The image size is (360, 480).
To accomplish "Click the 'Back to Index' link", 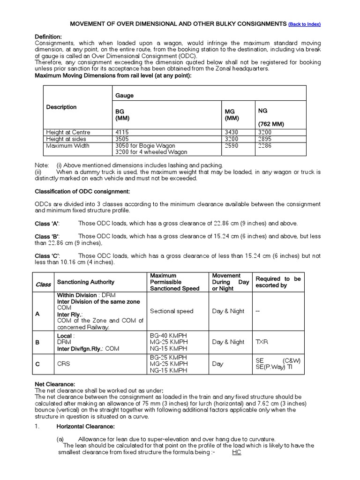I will point(305,24).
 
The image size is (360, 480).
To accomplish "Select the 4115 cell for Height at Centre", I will point(123,132).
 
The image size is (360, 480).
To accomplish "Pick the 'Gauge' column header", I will point(124,95).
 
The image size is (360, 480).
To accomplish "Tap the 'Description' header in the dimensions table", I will point(61,107).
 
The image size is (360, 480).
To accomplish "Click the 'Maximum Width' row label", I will point(67,145).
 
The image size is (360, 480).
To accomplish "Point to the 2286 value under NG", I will point(264,145).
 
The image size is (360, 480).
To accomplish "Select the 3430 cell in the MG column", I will point(232,132).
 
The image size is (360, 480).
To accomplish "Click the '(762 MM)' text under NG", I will point(271,124).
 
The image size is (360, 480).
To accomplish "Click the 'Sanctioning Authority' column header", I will point(85,282).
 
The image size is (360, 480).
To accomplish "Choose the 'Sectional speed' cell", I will point(172,311).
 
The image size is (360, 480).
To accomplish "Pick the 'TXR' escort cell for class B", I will point(262,342).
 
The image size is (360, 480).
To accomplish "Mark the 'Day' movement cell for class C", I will point(217,364).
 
